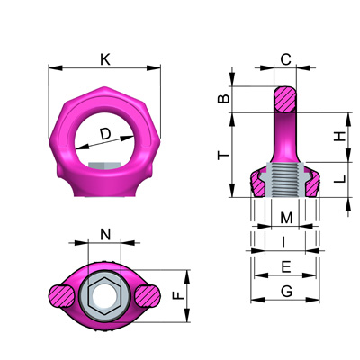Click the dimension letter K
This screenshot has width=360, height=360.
(105, 59)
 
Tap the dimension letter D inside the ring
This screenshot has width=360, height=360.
(105, 134)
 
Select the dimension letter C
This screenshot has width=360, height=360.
(285, 59)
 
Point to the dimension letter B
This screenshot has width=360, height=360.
(223, 99)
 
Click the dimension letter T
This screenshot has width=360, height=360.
(223, 156)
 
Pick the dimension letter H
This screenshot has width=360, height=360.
(340, 137)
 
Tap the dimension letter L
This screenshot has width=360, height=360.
(340, 179)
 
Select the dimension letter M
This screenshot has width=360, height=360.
(286, 218)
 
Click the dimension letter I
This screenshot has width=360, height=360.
(283, 242)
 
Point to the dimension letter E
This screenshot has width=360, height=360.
(286, 266)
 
